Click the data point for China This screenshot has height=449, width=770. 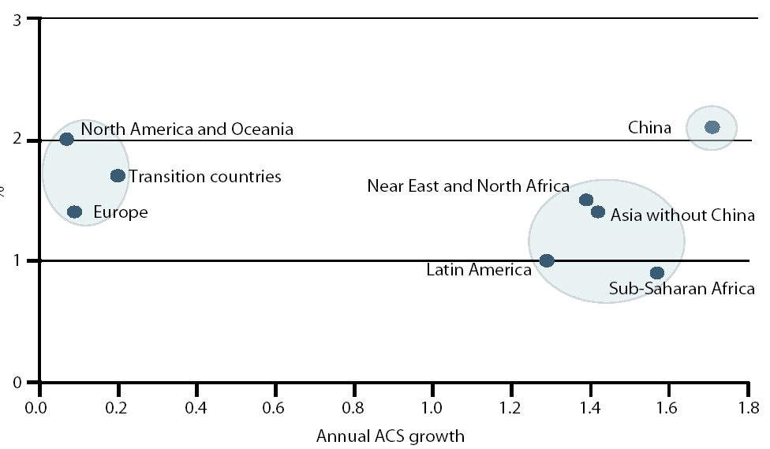(x=712, y=127)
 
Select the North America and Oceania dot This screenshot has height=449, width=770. (x=66, y=139)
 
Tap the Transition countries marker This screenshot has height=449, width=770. (x=118, y=175)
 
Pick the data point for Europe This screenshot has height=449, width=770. (x=75, y=211)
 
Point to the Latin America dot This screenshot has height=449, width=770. (x=547, y=260)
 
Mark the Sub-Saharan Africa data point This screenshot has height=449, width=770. (x=657, y=273)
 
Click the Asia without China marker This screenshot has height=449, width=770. (x=598, y=212)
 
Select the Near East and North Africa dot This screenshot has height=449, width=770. (x=586, y=200)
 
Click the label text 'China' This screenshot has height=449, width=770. (x=649, y=127)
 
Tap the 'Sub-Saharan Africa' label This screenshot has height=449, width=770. (x=682, y=289)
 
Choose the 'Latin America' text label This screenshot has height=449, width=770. (x=479, y=270)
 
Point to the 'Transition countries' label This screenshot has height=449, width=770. (x=205, y=176)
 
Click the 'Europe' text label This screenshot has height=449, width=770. (x=120, y=211)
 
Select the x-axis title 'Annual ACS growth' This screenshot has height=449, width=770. (x=390, y=436)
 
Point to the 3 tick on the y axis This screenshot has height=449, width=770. (x=17, y=19)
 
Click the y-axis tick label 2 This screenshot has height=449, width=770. (x=17, y=140)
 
